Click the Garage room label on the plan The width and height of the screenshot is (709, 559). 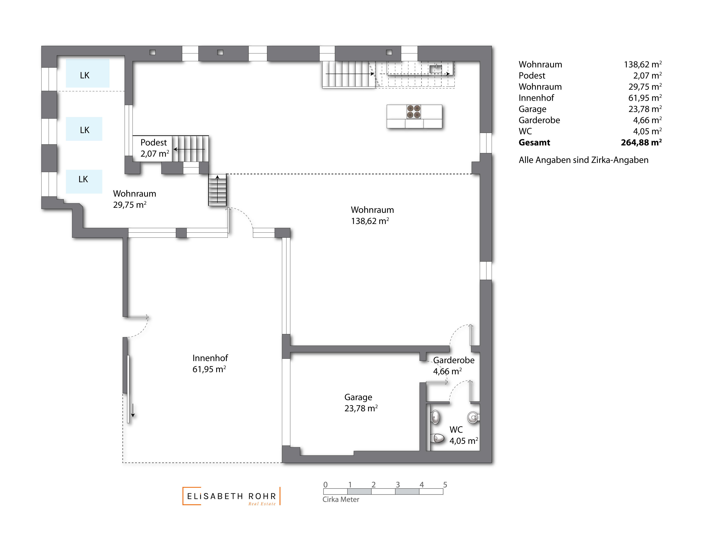358,397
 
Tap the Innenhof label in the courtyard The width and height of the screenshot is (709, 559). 210,358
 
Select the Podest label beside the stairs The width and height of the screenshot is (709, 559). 153,143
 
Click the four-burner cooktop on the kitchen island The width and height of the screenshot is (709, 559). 414,112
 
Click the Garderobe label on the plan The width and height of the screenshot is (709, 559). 453,360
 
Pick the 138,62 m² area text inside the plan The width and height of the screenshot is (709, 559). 370,221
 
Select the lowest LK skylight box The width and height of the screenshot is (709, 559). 84,181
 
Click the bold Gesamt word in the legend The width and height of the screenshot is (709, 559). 534,143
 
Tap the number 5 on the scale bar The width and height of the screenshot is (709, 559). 445,485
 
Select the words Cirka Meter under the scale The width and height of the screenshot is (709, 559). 341,499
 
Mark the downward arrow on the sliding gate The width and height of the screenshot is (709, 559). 133,410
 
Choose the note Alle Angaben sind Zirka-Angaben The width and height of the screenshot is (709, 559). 583,160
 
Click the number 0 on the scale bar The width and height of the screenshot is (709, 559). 325,485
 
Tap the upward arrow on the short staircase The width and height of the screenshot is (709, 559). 217,189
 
